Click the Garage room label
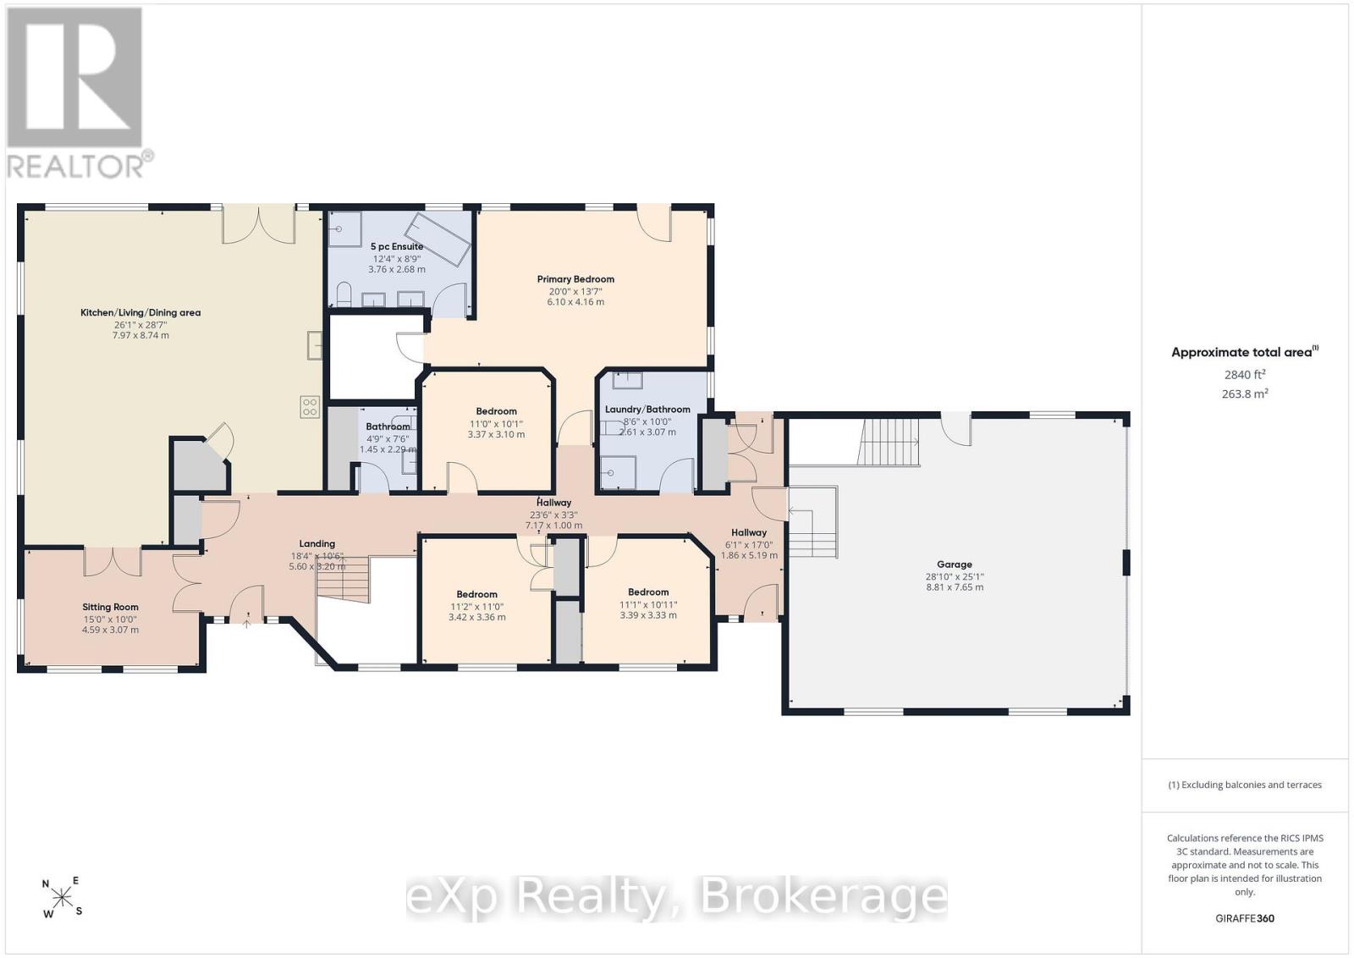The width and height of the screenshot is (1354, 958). (955, 564)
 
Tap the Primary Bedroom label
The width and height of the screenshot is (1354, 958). (575, 279)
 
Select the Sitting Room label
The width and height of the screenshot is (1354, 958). (110, 607)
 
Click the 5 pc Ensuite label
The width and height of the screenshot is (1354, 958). (397, 246)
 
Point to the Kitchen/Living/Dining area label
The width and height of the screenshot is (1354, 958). (140, 312)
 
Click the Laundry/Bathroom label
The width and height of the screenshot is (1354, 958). (647, 410)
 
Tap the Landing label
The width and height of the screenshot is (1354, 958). (316, 544)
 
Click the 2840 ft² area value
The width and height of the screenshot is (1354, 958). (1245, 374)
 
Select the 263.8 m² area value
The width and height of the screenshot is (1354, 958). (1245, 394)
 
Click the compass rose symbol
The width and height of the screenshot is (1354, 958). (62, 897)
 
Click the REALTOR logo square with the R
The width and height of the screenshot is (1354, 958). (74, 77)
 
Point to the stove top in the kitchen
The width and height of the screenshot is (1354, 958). (310, 407)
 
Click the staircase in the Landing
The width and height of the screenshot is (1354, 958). (344, 580)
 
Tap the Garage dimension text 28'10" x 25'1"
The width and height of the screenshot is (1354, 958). (955, 576)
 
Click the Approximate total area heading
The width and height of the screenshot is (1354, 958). (1245, 352)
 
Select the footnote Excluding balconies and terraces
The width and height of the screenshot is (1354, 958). (1245, 785)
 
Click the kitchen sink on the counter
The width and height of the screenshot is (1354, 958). (314, 345)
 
